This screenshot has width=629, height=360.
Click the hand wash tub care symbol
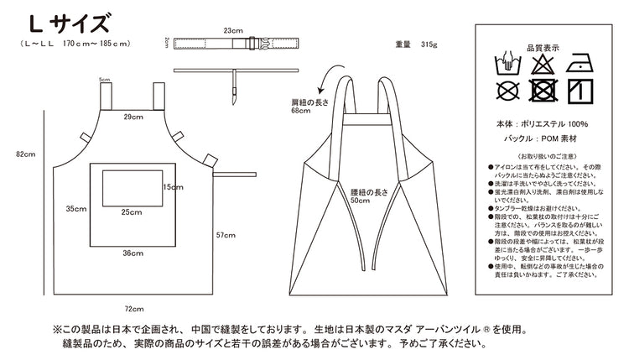pos(507,64)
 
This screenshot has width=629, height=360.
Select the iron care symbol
pos(577,63)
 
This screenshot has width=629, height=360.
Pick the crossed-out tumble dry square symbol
pos(542,90)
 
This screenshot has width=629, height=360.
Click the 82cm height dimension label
pos(25,154)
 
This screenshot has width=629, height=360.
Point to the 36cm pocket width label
pos(132,252)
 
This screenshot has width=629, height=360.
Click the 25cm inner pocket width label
pos(130,212)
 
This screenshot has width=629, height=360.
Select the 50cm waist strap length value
pos(361,201)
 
